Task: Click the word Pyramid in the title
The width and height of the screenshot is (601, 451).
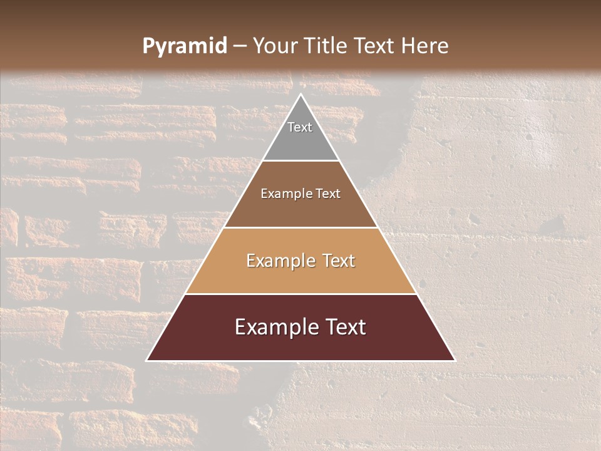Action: tap(184, 46)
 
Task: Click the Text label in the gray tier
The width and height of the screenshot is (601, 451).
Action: tap(300, 127)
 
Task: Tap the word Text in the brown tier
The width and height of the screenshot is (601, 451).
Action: tap(328, 194)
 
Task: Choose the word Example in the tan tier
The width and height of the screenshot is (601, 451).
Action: tap(280, 261)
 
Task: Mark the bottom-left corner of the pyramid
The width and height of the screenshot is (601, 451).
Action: tap(147, 361)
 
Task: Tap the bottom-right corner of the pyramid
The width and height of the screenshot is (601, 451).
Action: tap(455, 361)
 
